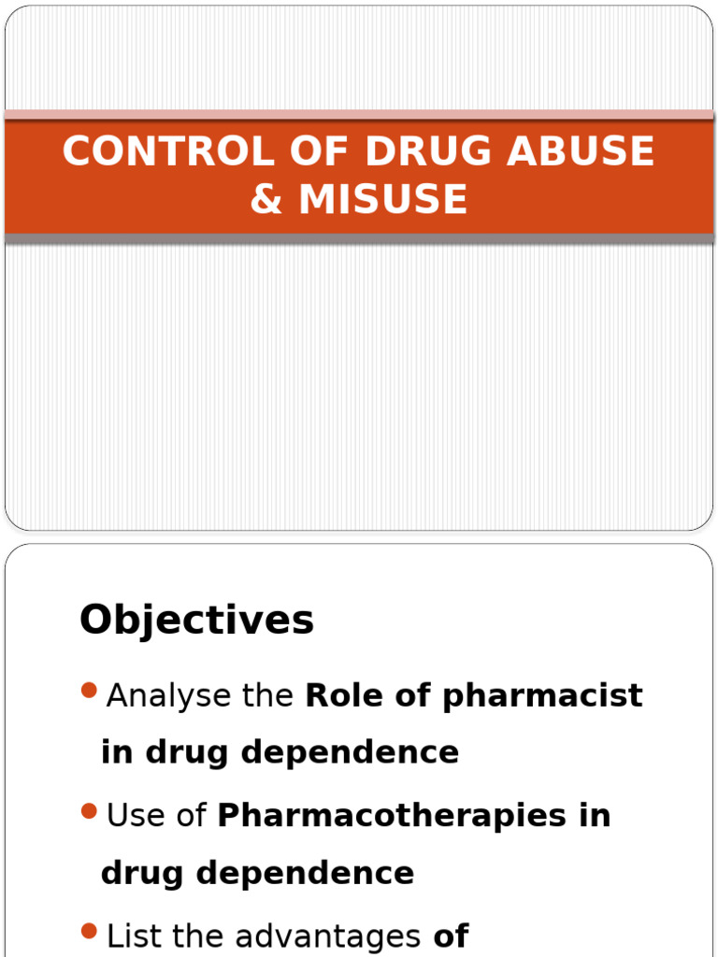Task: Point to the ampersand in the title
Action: click(266, 199)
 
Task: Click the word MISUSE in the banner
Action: click(383, 199)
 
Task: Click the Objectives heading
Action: click(196, 620)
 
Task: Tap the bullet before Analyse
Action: click(90, 692)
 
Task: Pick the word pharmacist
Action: click(543, 695)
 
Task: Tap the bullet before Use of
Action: click(90, 811)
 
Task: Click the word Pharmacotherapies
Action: click(392, 815)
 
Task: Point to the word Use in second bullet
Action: click(130, 815)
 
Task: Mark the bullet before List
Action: click(90, 931)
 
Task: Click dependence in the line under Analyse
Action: click(350, 752)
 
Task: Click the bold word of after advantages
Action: click(451, 936)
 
